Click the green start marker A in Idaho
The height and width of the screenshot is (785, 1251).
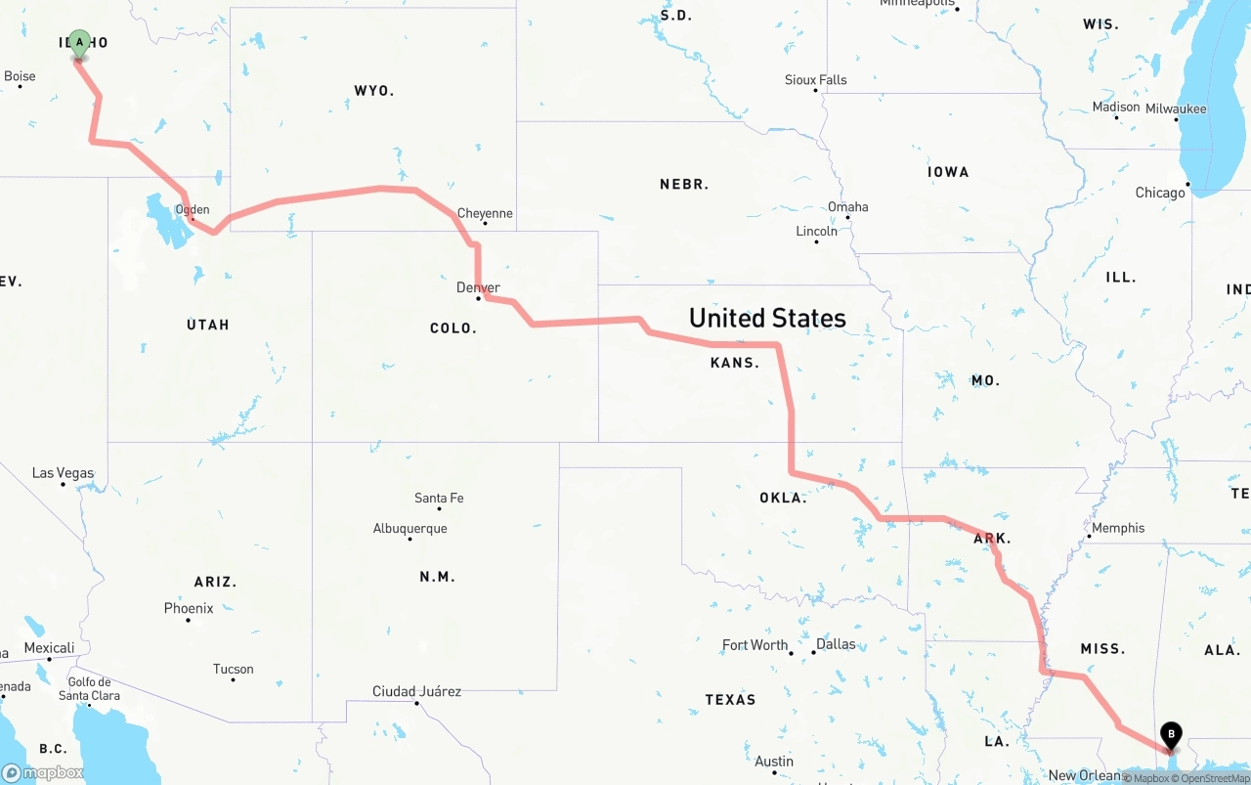(x=80, y=43)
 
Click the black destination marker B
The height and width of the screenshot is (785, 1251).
(x=1171, y=735)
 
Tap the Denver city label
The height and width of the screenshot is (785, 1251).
(x=478, y=287)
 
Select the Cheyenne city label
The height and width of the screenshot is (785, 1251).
(x=485, y=213)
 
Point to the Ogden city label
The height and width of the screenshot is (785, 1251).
(x=193, y=209)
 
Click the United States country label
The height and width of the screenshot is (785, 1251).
(x=767, y=318)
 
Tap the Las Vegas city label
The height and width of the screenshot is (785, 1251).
(x=64, y=473)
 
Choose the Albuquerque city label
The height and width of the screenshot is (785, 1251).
(x=410, y=529)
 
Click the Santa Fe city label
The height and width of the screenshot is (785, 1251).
(x=439, y=499)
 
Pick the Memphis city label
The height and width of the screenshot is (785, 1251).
(x=1118, y=528)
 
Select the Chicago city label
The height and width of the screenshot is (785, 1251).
(x=1160, y=193)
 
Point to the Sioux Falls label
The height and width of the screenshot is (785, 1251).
(x=816, y=80)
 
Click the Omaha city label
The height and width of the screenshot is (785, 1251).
(x=847, y=207)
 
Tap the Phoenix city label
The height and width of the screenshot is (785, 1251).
(x=189, y=608)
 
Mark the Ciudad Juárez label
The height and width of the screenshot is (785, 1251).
(x=416, y=692)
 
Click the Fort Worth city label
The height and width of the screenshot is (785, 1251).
(x=755, y=645)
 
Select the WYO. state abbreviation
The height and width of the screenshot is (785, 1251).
(x=373, y=91)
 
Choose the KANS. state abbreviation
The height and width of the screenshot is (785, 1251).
(x=734, y=363)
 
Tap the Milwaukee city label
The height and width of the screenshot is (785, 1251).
(x=1176, y=109)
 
